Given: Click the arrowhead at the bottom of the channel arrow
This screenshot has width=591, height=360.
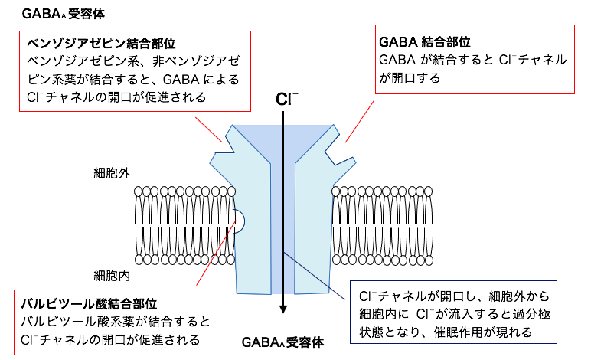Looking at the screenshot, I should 283,308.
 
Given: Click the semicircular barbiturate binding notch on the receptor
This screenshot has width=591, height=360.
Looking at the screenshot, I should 240,221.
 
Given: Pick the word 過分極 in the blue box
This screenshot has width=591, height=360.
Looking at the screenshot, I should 544,314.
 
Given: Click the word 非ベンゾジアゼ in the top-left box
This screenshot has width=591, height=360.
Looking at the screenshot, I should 215,61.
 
